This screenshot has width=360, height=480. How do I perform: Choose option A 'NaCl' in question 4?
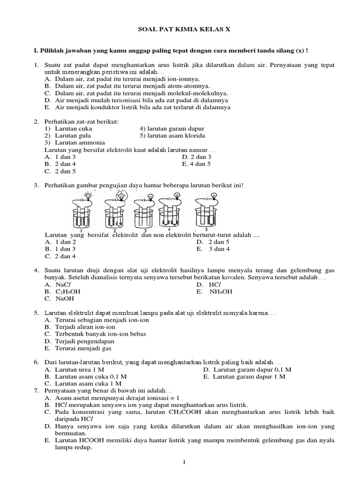coord(63,285)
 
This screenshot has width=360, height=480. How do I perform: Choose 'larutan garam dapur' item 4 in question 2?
coord(172,128)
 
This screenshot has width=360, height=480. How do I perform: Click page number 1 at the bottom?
coord(184,463)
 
